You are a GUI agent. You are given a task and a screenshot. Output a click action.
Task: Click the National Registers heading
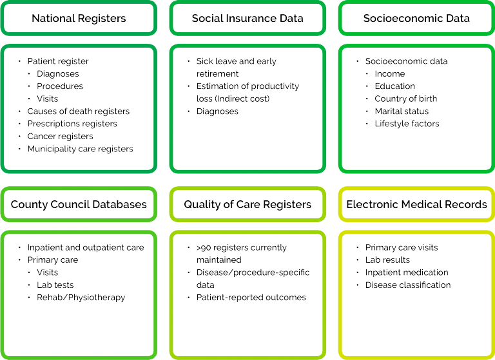(78, 18)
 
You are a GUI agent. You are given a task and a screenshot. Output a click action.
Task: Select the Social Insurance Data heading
(247, 18)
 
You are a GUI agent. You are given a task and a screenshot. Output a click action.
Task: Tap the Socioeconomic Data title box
(416, 18)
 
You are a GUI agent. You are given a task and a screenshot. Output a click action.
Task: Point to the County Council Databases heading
(79, 204)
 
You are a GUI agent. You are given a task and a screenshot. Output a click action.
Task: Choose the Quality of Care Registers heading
(247, 204)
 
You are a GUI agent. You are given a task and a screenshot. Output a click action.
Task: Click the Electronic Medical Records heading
(416, 204)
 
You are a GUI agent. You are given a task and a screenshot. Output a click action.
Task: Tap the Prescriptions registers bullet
(72, 124)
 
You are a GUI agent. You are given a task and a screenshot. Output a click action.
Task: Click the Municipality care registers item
(80, 149)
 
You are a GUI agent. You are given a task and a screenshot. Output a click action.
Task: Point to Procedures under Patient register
(60, 86)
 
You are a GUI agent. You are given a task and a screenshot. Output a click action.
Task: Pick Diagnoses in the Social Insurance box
(217, 111)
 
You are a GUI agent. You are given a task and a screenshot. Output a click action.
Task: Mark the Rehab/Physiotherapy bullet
(81, 298)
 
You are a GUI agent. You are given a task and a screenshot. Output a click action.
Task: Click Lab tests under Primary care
(55, 285)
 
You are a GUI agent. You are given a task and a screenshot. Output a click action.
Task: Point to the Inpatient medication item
(406, 272)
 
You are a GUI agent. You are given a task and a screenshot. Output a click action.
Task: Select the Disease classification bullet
(407, 285)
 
